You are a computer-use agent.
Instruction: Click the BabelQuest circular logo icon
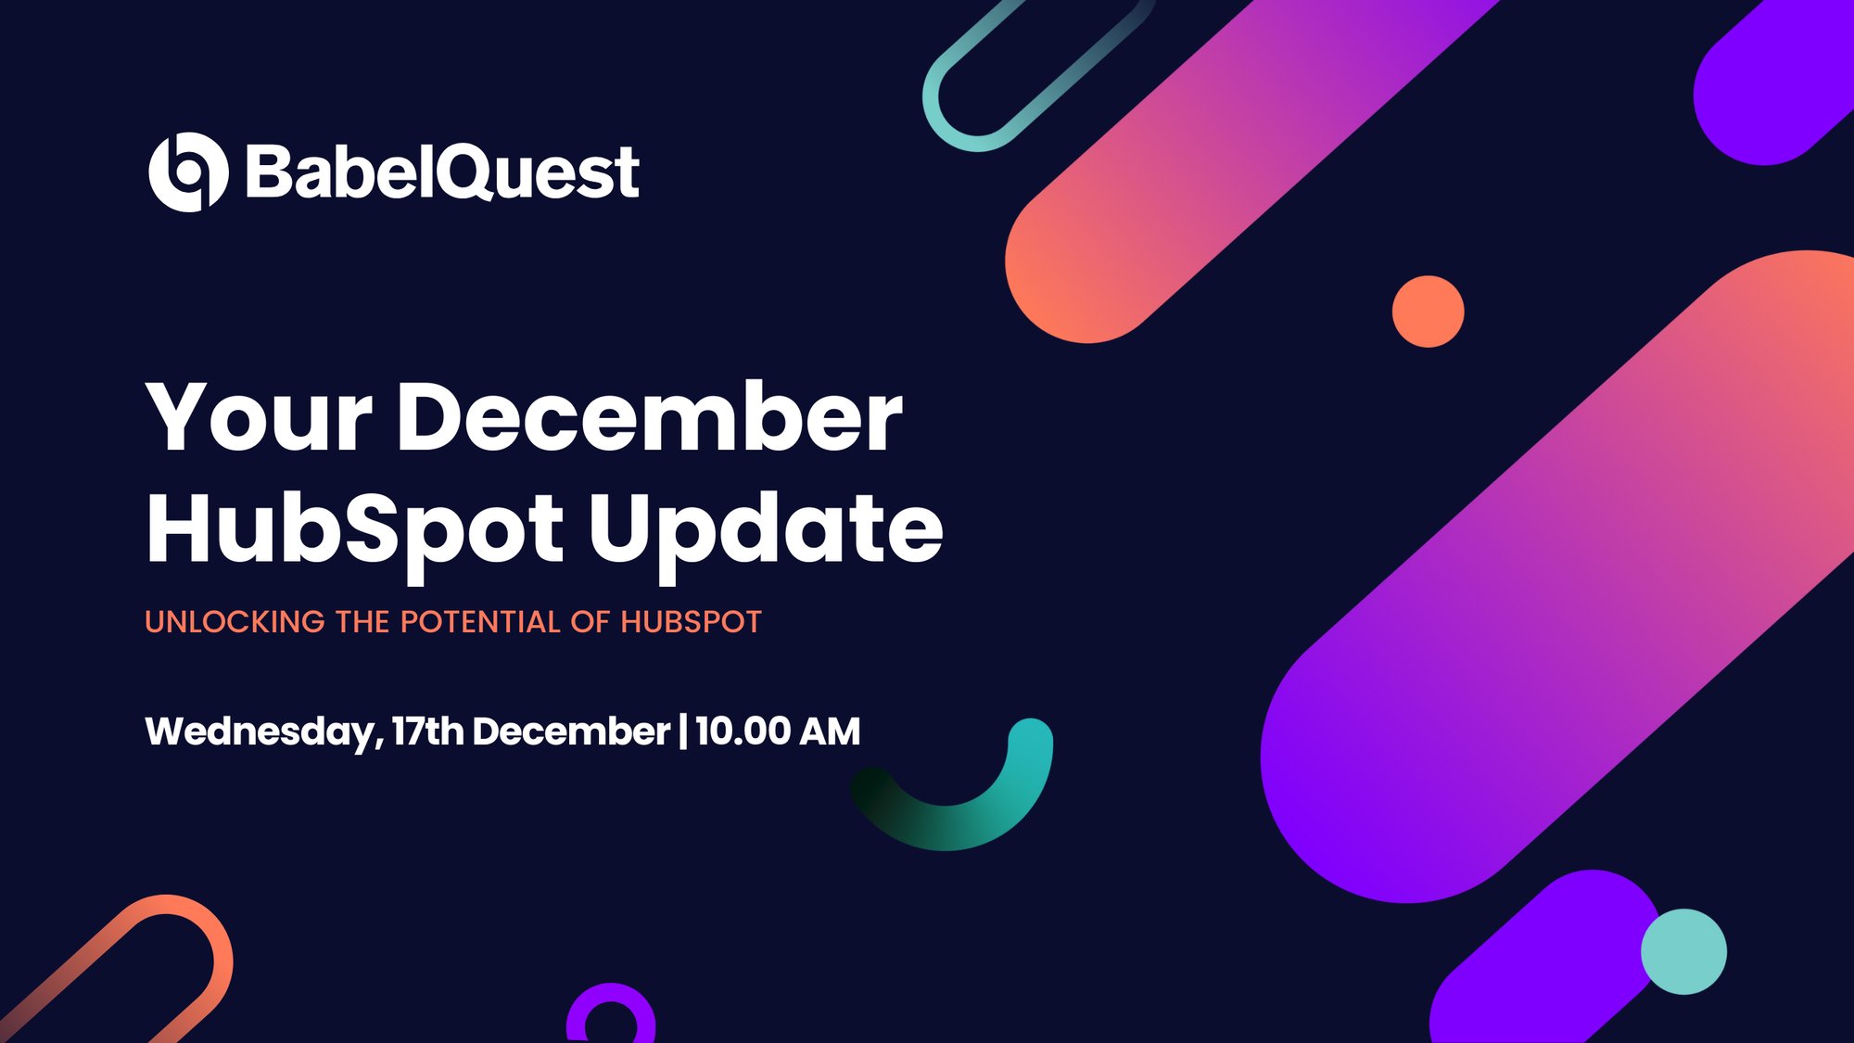tap(188, 172)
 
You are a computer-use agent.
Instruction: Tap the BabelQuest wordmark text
tap(442, 172)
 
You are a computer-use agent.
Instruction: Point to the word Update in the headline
tap(766, 528)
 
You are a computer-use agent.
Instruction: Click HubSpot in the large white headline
tap(355, 528)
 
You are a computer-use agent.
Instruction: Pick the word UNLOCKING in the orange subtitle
tap(235, 622)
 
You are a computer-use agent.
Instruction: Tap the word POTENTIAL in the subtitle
tap(480, 622)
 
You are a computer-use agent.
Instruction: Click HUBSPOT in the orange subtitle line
tap(691, 622)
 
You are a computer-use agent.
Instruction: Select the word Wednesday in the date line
tap(260, 731)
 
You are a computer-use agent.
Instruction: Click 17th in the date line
tap(427, 731)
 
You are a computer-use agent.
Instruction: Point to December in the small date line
tap(571, 731)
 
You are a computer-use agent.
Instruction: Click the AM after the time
tap(830, 731)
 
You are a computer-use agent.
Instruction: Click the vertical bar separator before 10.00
tap(683, 731)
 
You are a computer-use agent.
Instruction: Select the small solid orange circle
tap(1428, 312)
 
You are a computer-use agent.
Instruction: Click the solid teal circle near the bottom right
tap(1683, 951)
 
